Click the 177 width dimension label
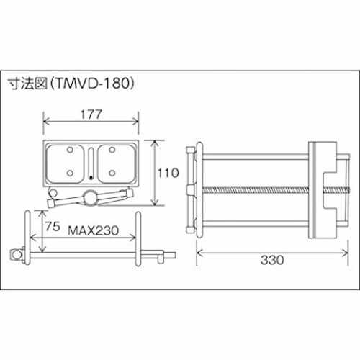(91, 114)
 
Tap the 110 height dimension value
(168, 173)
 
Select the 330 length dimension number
(272, 260)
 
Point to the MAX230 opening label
(94, 230)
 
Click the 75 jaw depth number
(53, 226)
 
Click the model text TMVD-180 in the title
(92, 84)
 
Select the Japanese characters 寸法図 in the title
(27, 84)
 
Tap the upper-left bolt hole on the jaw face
(70, 150)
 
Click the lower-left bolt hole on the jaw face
(70, 173)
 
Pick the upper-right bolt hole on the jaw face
(112, 150)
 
